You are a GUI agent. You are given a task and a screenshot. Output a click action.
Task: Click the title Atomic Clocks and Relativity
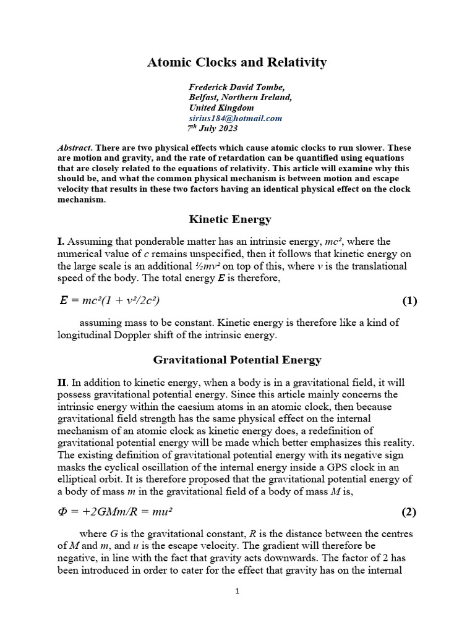point(237,62)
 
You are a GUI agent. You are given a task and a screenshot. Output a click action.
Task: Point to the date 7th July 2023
point(212,129)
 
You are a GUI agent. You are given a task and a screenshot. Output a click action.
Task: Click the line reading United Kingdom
point(221,108)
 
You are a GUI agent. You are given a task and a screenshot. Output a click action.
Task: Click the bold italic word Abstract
point(74,149)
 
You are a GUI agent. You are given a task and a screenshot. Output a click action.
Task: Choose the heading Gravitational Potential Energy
point(237,360)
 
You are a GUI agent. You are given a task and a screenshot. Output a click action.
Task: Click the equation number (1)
point(409,301)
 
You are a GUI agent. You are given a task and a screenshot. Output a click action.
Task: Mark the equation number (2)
point(409,512)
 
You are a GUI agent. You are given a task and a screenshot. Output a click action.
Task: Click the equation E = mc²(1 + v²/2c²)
point(111,301)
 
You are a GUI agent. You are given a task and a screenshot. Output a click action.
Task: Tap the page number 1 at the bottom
point(237,591)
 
